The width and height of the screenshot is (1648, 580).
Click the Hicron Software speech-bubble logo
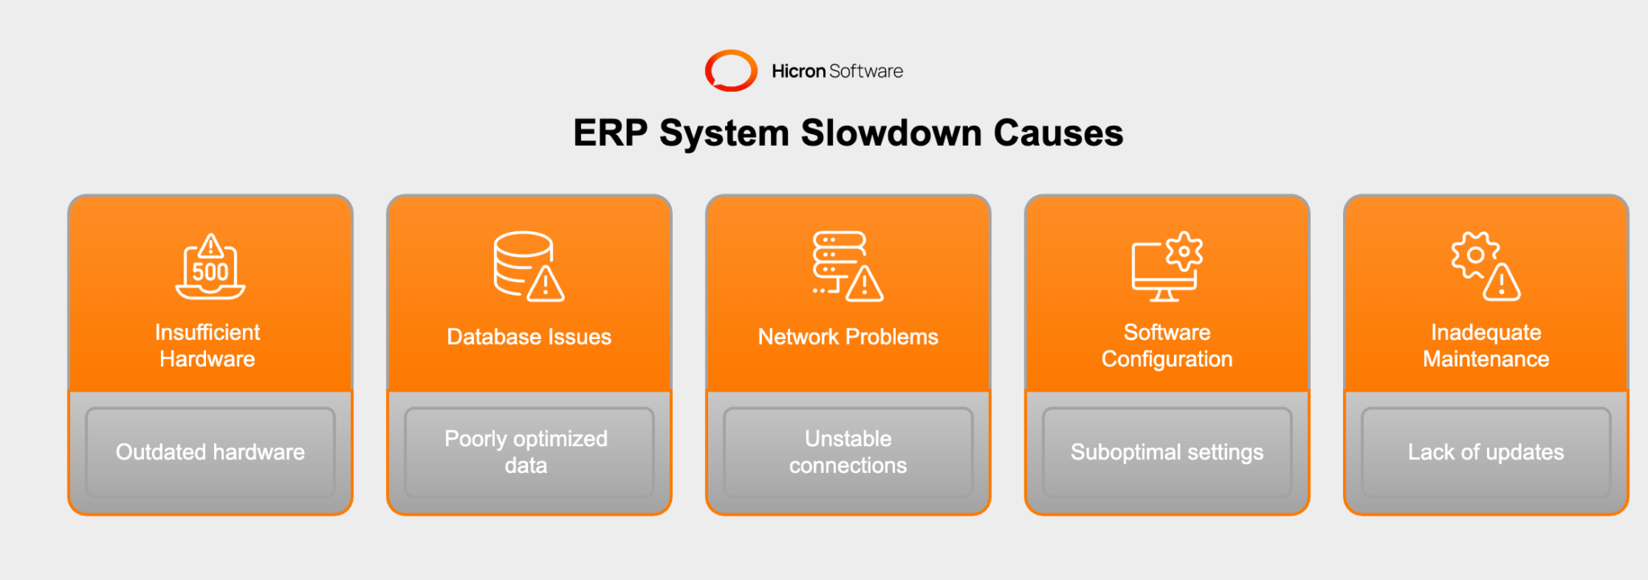(x=731, y=71)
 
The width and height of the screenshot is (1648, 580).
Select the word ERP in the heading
(x=610, y=133)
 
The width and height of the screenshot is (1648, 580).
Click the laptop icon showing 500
(x=210, y=267)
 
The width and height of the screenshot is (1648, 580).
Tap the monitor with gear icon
(x=1167, y=267)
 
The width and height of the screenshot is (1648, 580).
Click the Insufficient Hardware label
(x=208, y=346)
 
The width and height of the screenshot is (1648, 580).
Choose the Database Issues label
(x=529, y=337)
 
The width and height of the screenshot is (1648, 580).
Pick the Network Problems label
(x=848, y=337)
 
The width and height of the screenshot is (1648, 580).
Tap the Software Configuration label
(x=1167, y=346)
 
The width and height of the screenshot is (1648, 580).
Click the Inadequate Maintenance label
(x=1485, y=346)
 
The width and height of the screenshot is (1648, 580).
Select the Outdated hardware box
(x=210, y=452)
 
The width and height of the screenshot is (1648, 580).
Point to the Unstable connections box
(x=848, y=452)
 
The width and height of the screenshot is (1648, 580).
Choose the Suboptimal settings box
(x=1167, y=452)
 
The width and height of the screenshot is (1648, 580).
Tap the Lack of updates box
(x=1485, y=452)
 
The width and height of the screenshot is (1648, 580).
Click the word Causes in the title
(x=1058, y=133)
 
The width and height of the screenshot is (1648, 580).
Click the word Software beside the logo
(x=866, y=71)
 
